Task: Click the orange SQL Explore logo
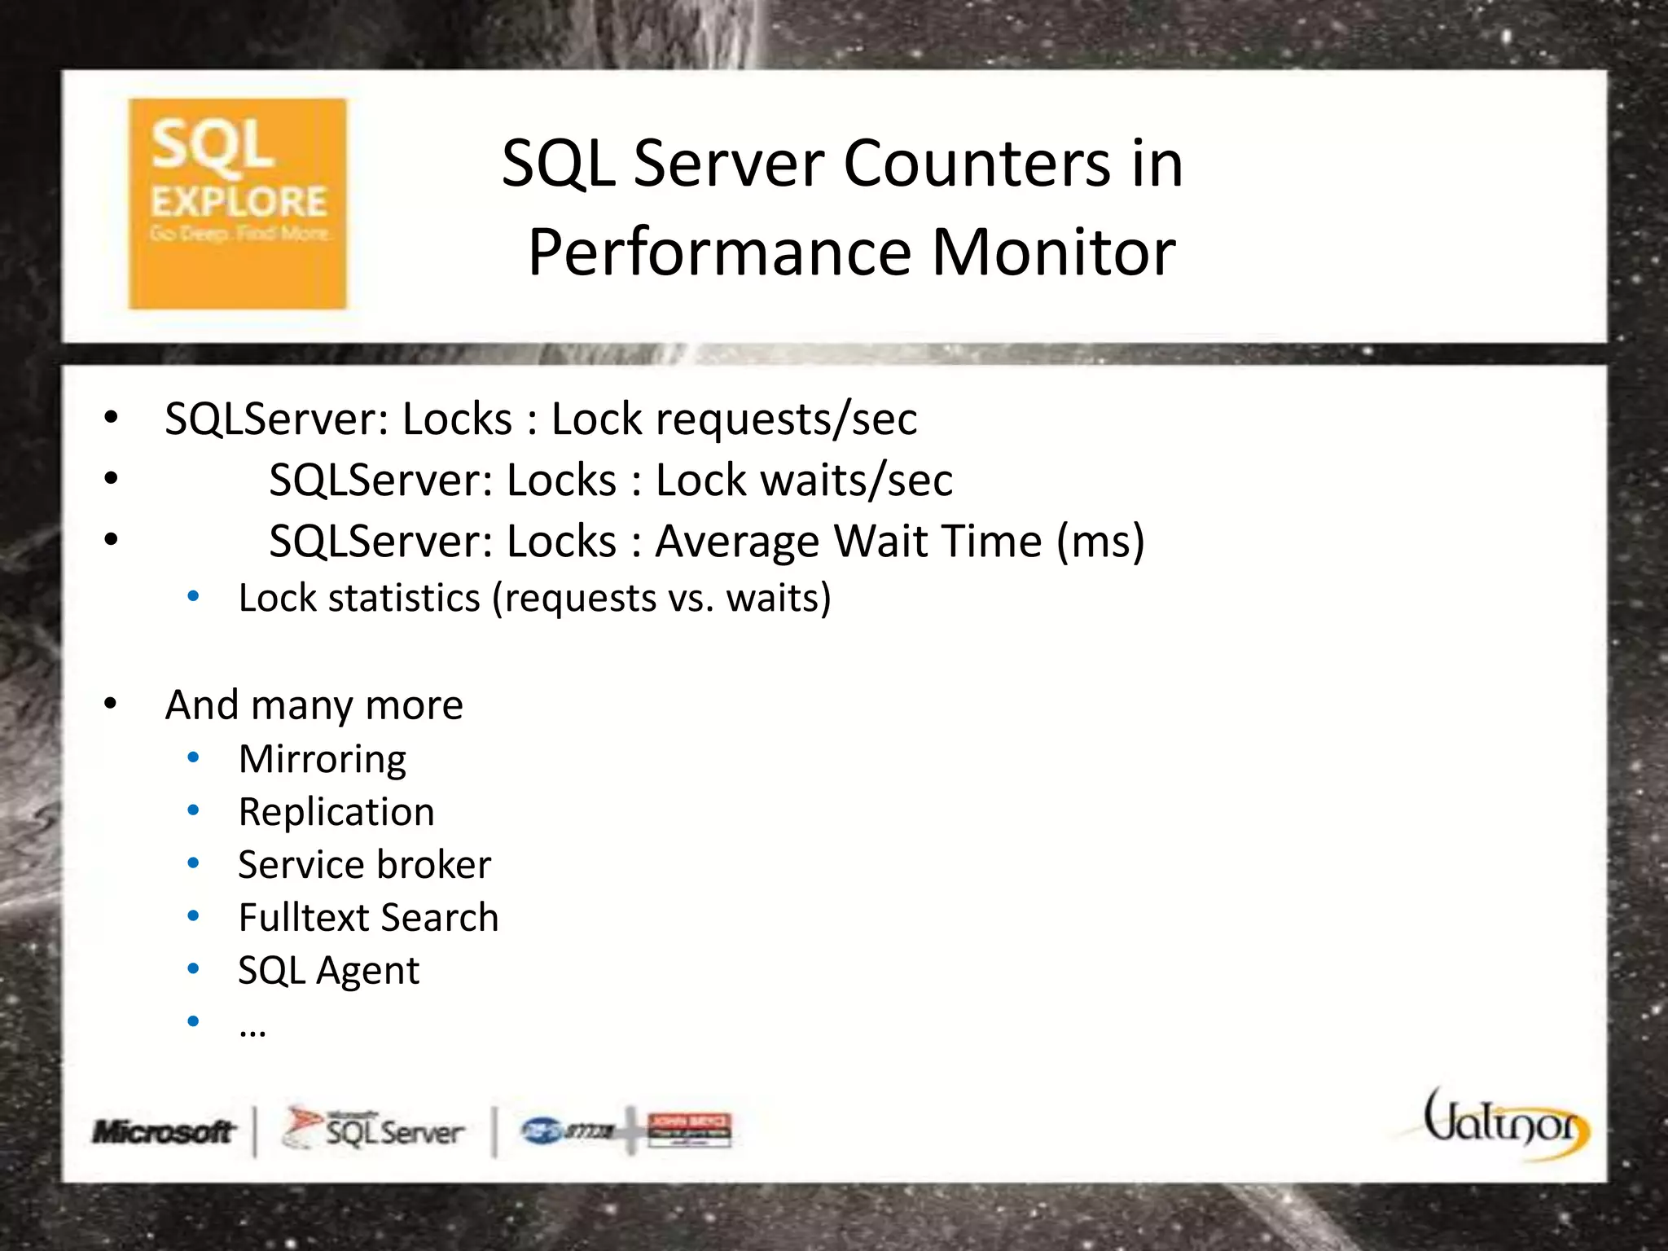(x=237, y=204)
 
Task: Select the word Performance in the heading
(x=720, y=253)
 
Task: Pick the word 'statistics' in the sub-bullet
(x=405, y=599)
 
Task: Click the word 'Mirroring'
(x=323, y=760)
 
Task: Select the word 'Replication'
(x=336, y=813)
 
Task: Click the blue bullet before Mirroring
(x=193, y=758)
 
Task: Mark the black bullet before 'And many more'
(x=112, y=703)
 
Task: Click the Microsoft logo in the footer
(x=164, y=1131)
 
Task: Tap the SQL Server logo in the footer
(x=374, y=1130)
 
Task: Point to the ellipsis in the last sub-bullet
(x=252, y=1031)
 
